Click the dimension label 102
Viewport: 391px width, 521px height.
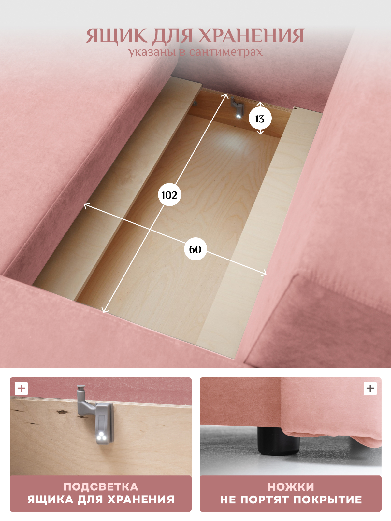(169, 195)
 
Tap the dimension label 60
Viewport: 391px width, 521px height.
(195, 249)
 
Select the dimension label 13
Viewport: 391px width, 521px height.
(260, 119)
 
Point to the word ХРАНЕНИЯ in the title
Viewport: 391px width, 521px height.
(251, 35)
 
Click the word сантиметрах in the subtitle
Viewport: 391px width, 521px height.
(226, 52)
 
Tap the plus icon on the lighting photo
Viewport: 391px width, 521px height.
(21, 388)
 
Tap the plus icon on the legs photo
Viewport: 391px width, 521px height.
(370, 388)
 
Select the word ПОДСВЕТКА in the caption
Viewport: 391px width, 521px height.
(101, 487)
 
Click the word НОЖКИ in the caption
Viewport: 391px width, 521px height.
(291, 487)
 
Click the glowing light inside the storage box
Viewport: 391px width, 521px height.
(239, 116)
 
